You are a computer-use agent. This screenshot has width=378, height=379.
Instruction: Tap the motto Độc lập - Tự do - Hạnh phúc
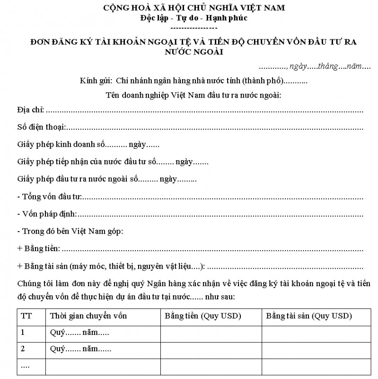tap(193, 18)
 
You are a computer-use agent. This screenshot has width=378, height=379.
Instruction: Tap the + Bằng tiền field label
tap(38, 248)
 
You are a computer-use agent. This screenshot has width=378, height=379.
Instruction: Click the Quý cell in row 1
tap(79, 333)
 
